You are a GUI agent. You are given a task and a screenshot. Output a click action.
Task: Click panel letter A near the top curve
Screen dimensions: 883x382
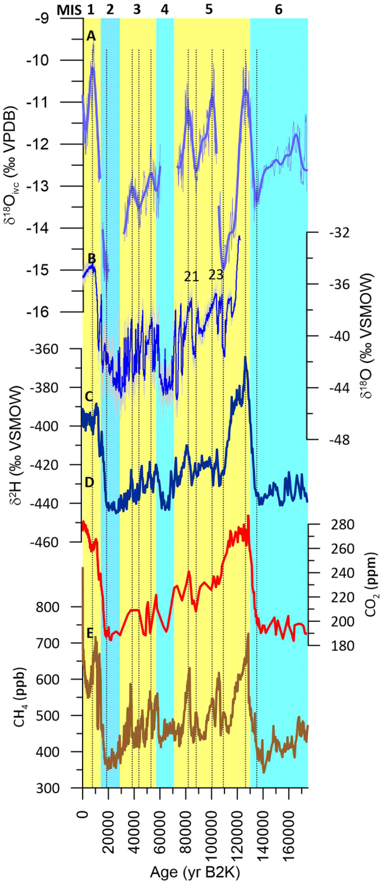pos(91,36)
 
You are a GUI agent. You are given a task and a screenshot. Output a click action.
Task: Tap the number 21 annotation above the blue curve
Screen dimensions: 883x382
pos(192,276)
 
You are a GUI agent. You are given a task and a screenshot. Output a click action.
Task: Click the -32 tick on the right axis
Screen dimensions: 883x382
pos(325,232)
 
